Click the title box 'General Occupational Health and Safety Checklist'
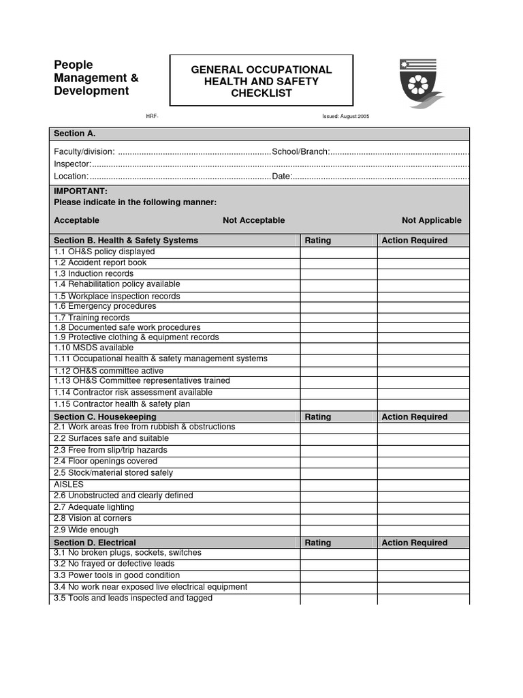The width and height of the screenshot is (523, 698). click(261, 81)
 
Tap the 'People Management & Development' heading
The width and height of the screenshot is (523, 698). click(96, 78)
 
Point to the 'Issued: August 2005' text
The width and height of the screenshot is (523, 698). click(345, 117)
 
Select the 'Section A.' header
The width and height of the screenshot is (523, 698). click(69, 134)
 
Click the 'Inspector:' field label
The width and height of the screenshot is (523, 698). click(72, 164)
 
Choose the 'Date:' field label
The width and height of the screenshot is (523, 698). click(282, 177)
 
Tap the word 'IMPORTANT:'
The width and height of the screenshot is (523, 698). click(80, 192)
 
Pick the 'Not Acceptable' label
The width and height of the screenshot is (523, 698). click(253, 220)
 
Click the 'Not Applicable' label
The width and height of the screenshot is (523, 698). click(431, 220)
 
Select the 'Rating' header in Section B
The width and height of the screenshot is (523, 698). click(318, 241)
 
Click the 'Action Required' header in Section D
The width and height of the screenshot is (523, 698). click(415, 543)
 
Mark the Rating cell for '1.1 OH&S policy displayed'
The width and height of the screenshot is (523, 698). click(338, 252)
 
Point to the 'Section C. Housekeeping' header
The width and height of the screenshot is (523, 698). click(105, 416)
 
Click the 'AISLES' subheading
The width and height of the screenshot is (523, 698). click(69, 484)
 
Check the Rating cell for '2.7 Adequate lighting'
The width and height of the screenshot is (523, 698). click(338, 507)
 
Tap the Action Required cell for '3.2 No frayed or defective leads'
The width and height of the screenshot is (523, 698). click(423, 564)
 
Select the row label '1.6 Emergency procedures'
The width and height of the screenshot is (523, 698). click(105, 307)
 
